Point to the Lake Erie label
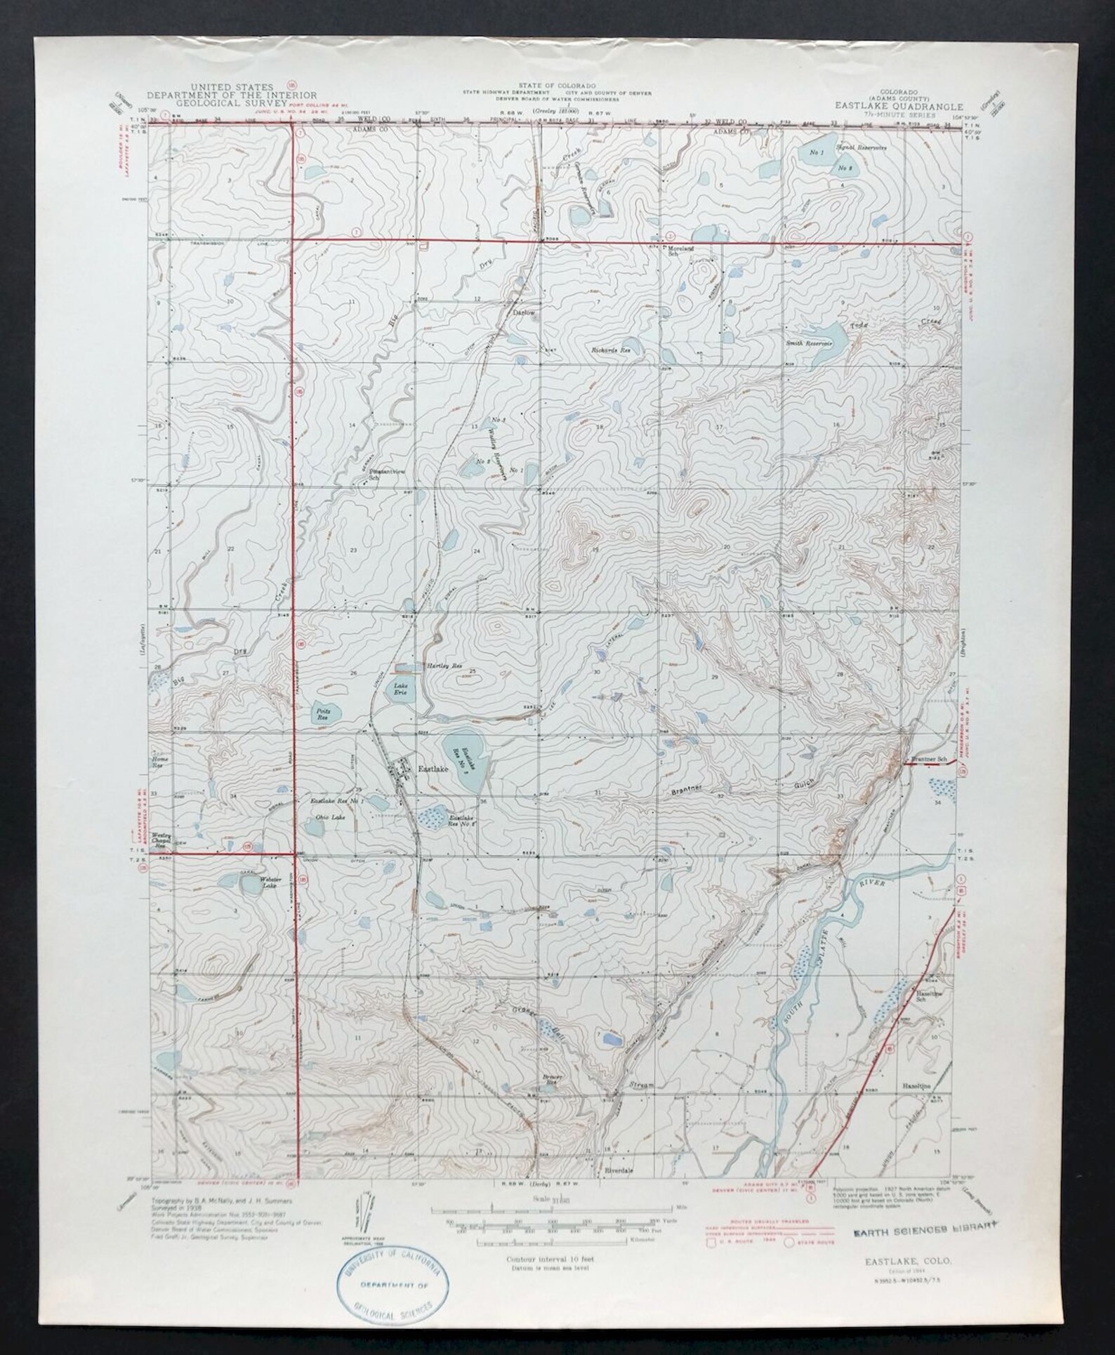coord(403,689)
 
